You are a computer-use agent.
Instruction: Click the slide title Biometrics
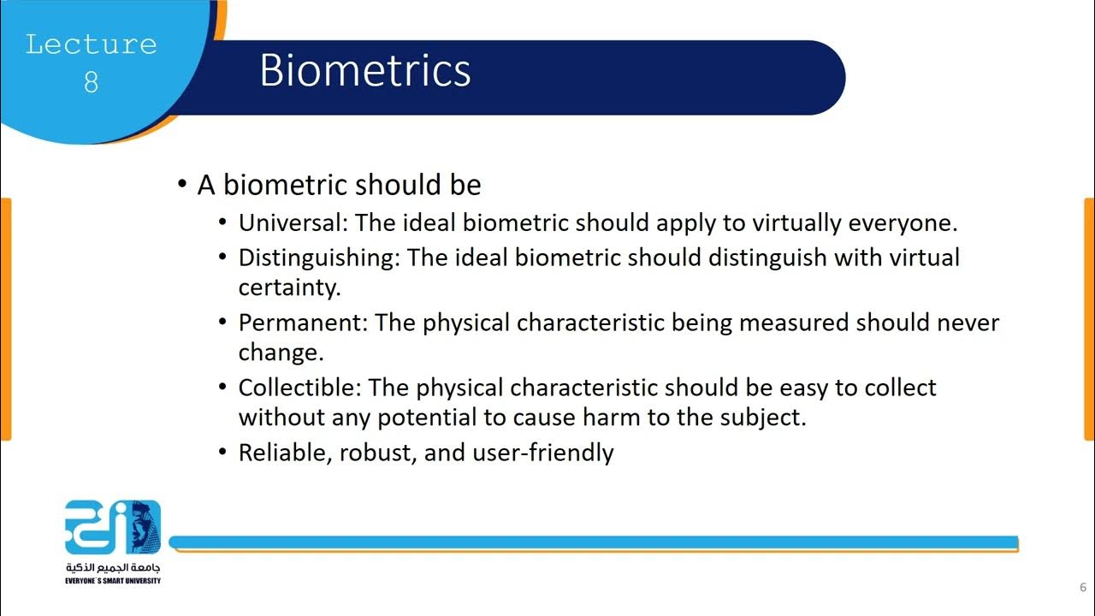pyautogui.click(x=365, y=70)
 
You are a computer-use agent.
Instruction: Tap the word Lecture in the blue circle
pyautogui.click(x=91, y=44)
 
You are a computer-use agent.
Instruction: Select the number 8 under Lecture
pyautogui.click(x=91, y=82)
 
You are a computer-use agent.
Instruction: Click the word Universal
pyautogui.click(x=290, y=223)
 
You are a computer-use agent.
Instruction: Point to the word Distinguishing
pyautogui.click(x=317, y=258)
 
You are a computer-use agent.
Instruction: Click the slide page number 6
pyautogui.click(x=1082, y=588)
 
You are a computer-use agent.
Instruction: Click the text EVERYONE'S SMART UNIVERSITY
pyautogui.click(x=112, y=581)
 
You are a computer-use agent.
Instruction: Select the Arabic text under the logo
pyautogui.click(x=112, y=568)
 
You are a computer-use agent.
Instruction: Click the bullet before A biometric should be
pyautogui.click(x=181, y=185)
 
